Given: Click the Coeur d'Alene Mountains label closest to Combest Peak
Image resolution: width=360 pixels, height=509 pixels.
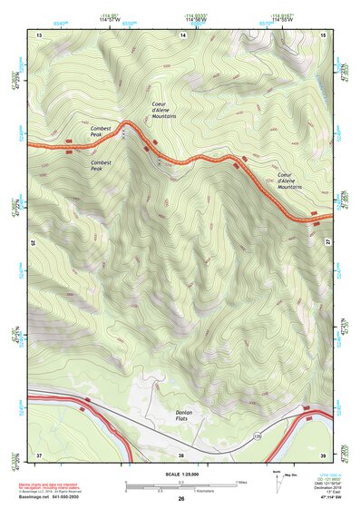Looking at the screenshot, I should pos(163,112).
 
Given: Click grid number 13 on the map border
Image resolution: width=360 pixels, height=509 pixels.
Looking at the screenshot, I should pos(39,34).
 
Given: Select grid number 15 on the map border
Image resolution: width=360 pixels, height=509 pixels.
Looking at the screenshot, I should pos(324,34).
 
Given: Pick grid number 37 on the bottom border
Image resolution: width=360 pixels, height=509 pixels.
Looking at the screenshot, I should pos(39,454).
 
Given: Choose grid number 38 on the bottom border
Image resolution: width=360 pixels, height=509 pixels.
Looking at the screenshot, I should pos(181,454).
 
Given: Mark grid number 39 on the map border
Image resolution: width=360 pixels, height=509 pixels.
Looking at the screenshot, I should pos(324,454).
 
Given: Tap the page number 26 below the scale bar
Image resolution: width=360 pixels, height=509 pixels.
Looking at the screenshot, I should pos(181,500).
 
